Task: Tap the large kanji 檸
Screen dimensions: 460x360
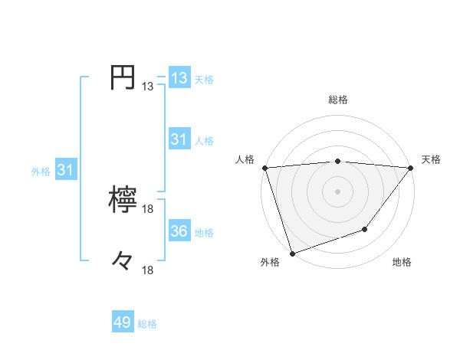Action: click(x=123, y=201)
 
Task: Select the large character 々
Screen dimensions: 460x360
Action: click(x=123, y=261)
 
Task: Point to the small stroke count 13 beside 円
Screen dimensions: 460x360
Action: click(x=148, y=87)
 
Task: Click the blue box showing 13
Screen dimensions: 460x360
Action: click(x=179, y=78)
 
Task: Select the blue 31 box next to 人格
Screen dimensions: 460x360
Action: click(x=179, y=139)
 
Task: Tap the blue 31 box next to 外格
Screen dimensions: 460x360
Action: click(x=65, y=171)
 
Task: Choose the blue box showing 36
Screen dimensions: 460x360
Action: click(x=179, y=231)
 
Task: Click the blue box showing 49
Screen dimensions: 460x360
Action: click(x=123, y=322)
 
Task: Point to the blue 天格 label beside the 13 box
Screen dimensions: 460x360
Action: click(x=203, y=80)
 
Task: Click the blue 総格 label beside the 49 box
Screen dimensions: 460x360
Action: click(x=147, y=324)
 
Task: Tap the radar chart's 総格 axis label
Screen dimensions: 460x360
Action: click(x=337, y=100)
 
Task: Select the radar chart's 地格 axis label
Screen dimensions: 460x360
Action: click(x=402, y=263)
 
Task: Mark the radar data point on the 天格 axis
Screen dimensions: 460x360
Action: click(x=410, y=168)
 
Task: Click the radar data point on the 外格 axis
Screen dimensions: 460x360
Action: click(x=293, y=253)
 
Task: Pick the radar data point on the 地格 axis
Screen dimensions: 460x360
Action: click(x=366, y=229)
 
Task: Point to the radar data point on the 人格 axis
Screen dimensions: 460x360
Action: click(x=264, y=168)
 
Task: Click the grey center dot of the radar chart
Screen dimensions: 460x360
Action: click(x=337, y=191)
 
